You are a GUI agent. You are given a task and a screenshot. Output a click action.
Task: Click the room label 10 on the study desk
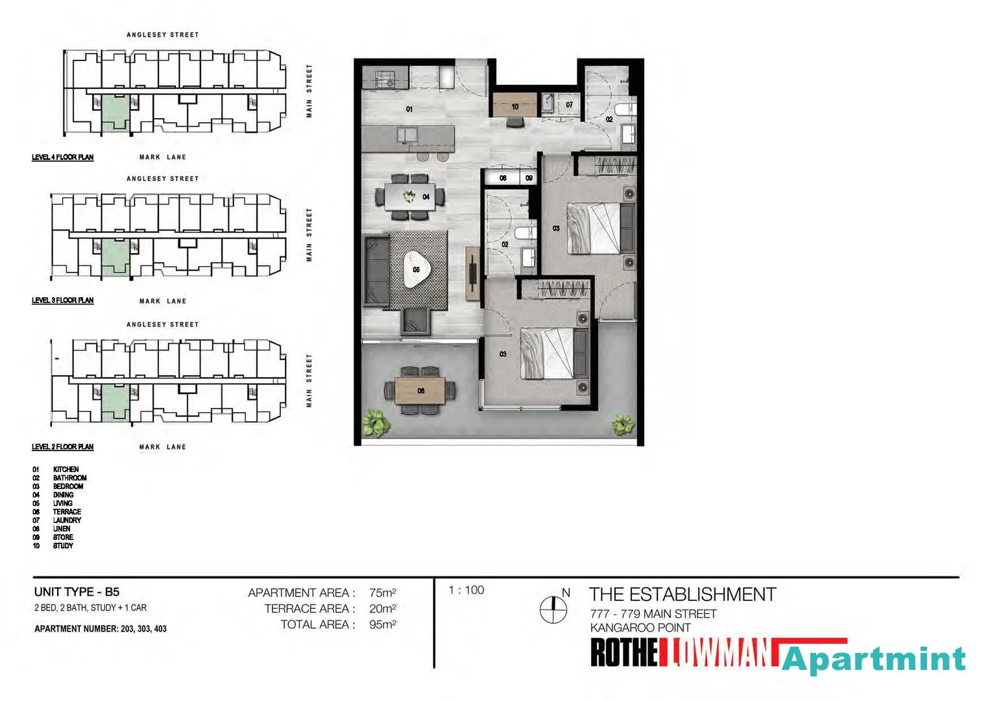coord(514,106)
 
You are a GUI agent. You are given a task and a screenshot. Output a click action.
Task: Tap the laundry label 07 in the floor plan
coord(569,105)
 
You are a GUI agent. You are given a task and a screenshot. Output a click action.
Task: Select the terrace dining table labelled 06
coord(421,391)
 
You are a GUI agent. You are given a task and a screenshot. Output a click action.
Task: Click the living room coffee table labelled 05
coord(416,269)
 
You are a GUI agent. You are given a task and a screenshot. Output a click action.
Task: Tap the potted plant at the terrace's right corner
coord(623,425)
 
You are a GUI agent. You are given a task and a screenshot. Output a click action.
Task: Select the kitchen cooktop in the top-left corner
coord(385,79)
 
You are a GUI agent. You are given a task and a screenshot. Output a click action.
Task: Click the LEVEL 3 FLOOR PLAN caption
coord(63,301)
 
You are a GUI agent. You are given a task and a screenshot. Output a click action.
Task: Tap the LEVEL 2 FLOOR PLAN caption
coord(63,447)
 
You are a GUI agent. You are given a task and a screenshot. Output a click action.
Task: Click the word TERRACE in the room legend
coord(67,512)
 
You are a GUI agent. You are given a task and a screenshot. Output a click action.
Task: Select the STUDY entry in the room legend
coord(63,546)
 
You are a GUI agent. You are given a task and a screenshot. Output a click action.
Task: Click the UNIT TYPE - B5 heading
coord(77,592)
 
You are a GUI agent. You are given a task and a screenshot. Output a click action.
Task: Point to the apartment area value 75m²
coord(383,593)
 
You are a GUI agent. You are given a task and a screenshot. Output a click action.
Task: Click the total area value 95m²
coord(383,624)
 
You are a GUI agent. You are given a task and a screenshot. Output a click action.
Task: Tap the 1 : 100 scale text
coord(466,590)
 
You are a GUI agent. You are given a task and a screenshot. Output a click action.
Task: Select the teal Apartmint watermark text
coord(873,660)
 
